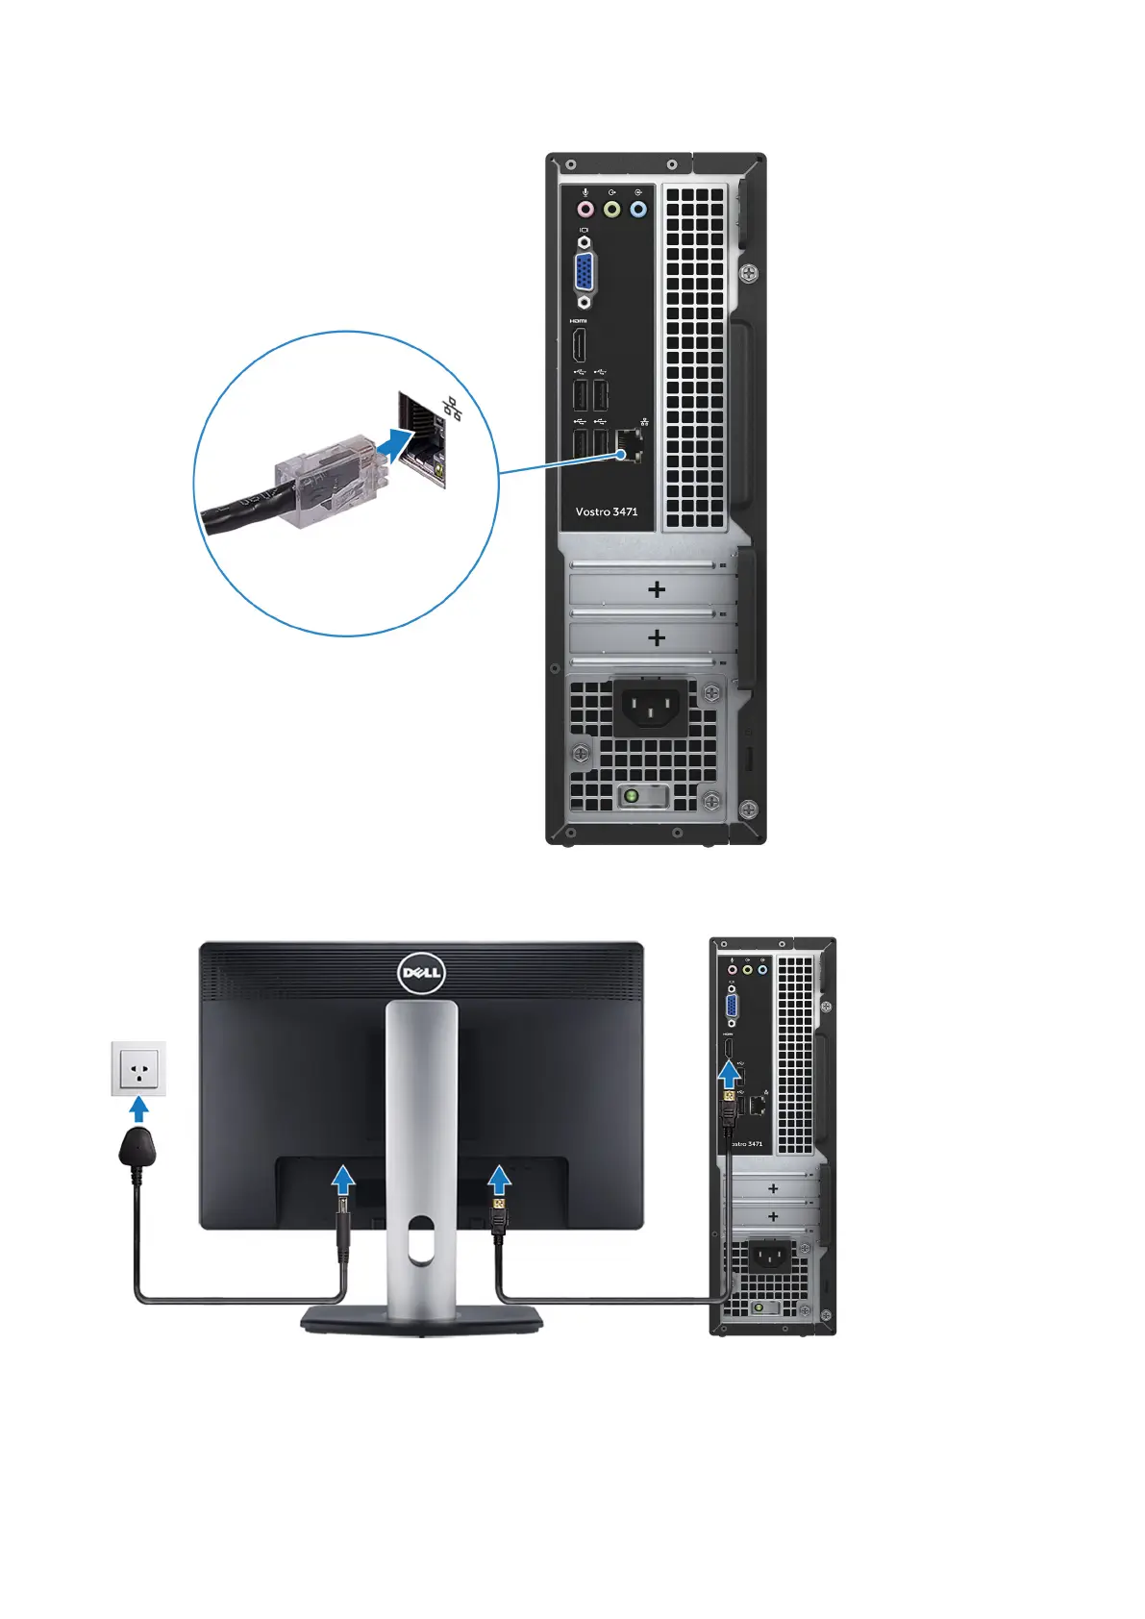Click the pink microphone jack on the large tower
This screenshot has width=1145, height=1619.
[x=585, y=209]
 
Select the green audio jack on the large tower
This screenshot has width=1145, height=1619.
[x=611, y=209]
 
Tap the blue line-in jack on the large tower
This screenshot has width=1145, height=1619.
[x=638, y=209]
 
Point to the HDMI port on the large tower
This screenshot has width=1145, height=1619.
[x=579, y=345]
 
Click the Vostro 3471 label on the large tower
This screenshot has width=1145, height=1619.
[x=606, y=511]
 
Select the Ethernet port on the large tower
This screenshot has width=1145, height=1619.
[x=631, y=445]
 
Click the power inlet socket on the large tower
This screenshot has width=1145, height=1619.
[x=650, y=707]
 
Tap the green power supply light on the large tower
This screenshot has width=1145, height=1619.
[x=631, y=796]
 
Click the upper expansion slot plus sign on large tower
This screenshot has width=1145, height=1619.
[x=657, y=589]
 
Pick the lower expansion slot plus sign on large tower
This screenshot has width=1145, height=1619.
[x=657, y=637]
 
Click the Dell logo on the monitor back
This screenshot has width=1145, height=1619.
[x=421, y=973]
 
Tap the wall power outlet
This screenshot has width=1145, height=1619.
[x=138, y=1068]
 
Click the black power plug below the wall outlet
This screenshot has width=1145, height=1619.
[x=137, y=1148]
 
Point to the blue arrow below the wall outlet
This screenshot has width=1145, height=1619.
[x=139, y=1109]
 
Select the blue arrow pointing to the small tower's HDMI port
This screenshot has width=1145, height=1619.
[x=731, y=1073]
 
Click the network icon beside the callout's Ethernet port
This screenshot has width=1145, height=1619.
[x=452, y=409]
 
